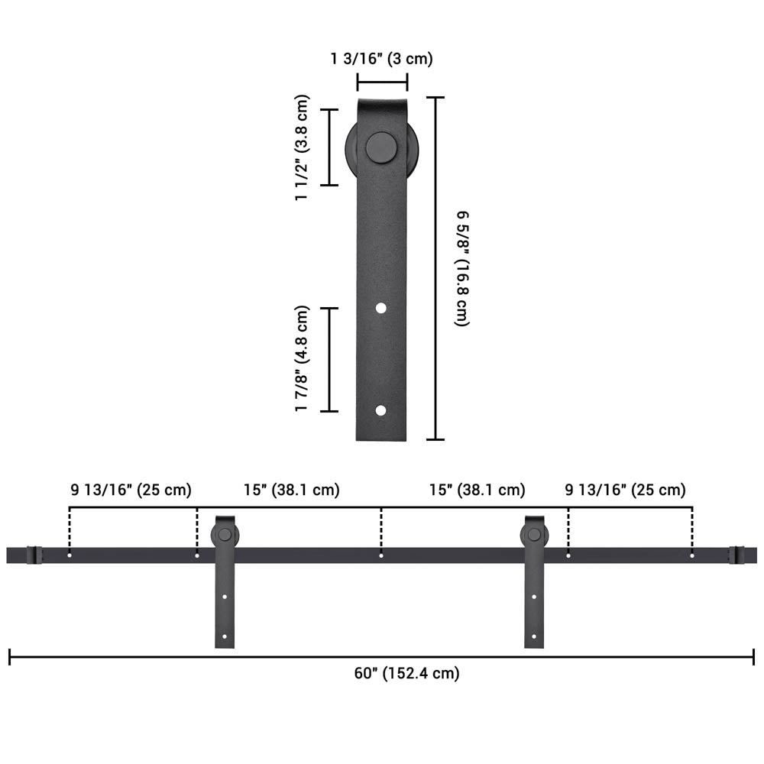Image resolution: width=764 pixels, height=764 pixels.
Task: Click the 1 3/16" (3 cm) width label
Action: click(x=381, y=59)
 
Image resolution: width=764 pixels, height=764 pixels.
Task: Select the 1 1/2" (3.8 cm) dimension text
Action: click(x=303, y=147)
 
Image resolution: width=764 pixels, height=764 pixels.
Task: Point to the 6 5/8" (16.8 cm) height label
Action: click(x=461, y=268)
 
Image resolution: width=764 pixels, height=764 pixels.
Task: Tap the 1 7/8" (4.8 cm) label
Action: click(x=303, y=359)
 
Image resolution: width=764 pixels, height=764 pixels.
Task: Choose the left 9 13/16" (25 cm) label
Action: click(x=131, y=490)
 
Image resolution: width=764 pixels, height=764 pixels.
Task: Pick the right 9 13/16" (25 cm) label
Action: click(x=625, y=490)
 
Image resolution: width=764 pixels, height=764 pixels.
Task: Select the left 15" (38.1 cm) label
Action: click(x=291, y=490)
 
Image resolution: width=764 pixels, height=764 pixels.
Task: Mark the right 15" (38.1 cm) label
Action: click(x=477, y=490)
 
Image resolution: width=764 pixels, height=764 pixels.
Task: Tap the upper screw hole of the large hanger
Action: click(x=380, y=308)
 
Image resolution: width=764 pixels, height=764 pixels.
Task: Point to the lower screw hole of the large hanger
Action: click(x=380, y=410)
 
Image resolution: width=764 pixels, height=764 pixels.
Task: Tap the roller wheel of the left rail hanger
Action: click(x=225, y=535)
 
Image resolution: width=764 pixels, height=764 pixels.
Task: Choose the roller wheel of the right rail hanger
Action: click(x=534, y=535)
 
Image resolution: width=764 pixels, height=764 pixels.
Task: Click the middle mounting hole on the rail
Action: click(x=381, y=555)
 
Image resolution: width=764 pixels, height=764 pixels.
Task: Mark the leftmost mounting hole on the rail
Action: click(x=70, y=555)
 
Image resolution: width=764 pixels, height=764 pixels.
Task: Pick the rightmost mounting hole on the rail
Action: click(x=692, y=555)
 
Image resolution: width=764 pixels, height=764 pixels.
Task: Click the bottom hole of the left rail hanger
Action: click(x=225, y=635)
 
